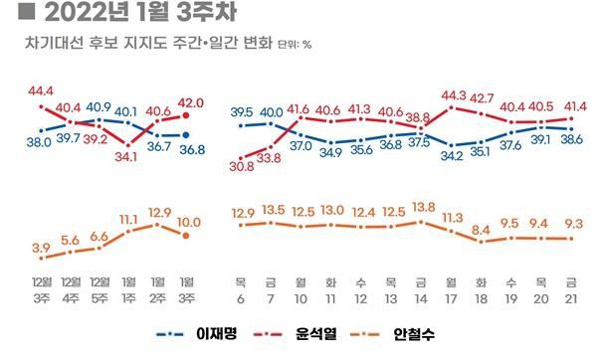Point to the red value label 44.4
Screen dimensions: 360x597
[41, 91]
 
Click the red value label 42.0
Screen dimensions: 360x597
[190, 101]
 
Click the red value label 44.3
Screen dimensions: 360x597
[454, 94]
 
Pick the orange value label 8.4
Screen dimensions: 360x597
[483, 231]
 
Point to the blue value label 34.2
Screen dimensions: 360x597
[453, 155]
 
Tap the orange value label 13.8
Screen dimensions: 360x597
[424, 205]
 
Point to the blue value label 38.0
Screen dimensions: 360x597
[39, 141]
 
